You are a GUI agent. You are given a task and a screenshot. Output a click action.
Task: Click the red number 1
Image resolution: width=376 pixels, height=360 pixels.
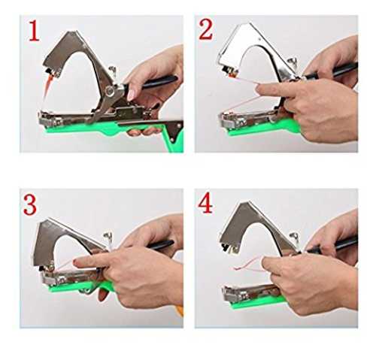[x=34, y=31]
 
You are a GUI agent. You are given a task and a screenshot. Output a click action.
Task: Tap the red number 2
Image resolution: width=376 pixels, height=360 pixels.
[x=206, y=29]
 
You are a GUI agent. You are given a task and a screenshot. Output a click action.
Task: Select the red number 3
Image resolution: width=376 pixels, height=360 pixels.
[x=30, y=204]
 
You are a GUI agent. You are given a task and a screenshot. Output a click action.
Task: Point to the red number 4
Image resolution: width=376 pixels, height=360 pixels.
[x=205, y=203]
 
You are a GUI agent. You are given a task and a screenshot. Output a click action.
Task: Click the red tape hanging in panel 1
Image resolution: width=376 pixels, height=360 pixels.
[x=47, y=85]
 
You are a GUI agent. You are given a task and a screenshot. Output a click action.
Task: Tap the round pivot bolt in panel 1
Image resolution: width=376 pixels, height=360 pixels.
[x=110, y=91]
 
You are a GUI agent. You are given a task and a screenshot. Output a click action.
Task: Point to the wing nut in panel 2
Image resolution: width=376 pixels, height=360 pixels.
[x=293, y=62]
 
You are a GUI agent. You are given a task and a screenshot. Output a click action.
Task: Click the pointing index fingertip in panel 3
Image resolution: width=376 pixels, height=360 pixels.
[x=77, y=263]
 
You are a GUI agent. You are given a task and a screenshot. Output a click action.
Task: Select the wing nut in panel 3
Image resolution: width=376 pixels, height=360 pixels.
[x=108, y=237]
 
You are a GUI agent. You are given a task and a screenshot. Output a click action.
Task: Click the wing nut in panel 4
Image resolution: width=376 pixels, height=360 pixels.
[x=294, y=237]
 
